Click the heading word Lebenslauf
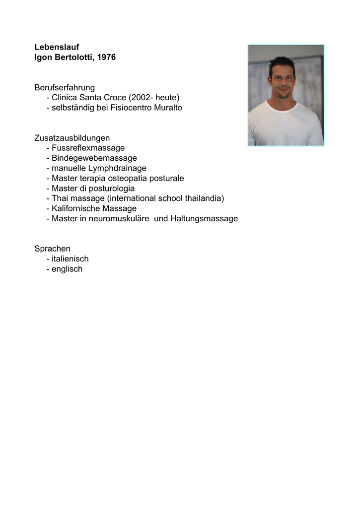[57, 47]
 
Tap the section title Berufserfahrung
[65, 88]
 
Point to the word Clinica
[66, 98]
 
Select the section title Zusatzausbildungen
[72, 138]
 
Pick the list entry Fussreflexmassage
[88, 148]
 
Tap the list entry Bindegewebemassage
[94, 158]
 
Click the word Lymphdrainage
[117, 168]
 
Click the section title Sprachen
[52, 249]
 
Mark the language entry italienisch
[70, 259]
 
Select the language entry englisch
[67, 269]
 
